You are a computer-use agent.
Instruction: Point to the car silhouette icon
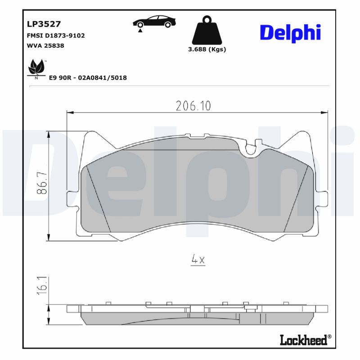tap(154, 21)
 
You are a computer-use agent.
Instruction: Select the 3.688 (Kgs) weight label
tap(207, 49)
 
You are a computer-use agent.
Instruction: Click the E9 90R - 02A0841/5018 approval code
tap(87, 78)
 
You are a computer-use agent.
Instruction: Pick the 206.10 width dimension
tap(193, 106)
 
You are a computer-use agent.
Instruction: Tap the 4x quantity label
tap(198, 260)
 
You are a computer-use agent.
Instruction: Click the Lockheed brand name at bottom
tap(304, 340)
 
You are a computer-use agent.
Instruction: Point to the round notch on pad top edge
tap(251, 148)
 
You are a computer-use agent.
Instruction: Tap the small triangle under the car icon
tap(141, 30)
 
